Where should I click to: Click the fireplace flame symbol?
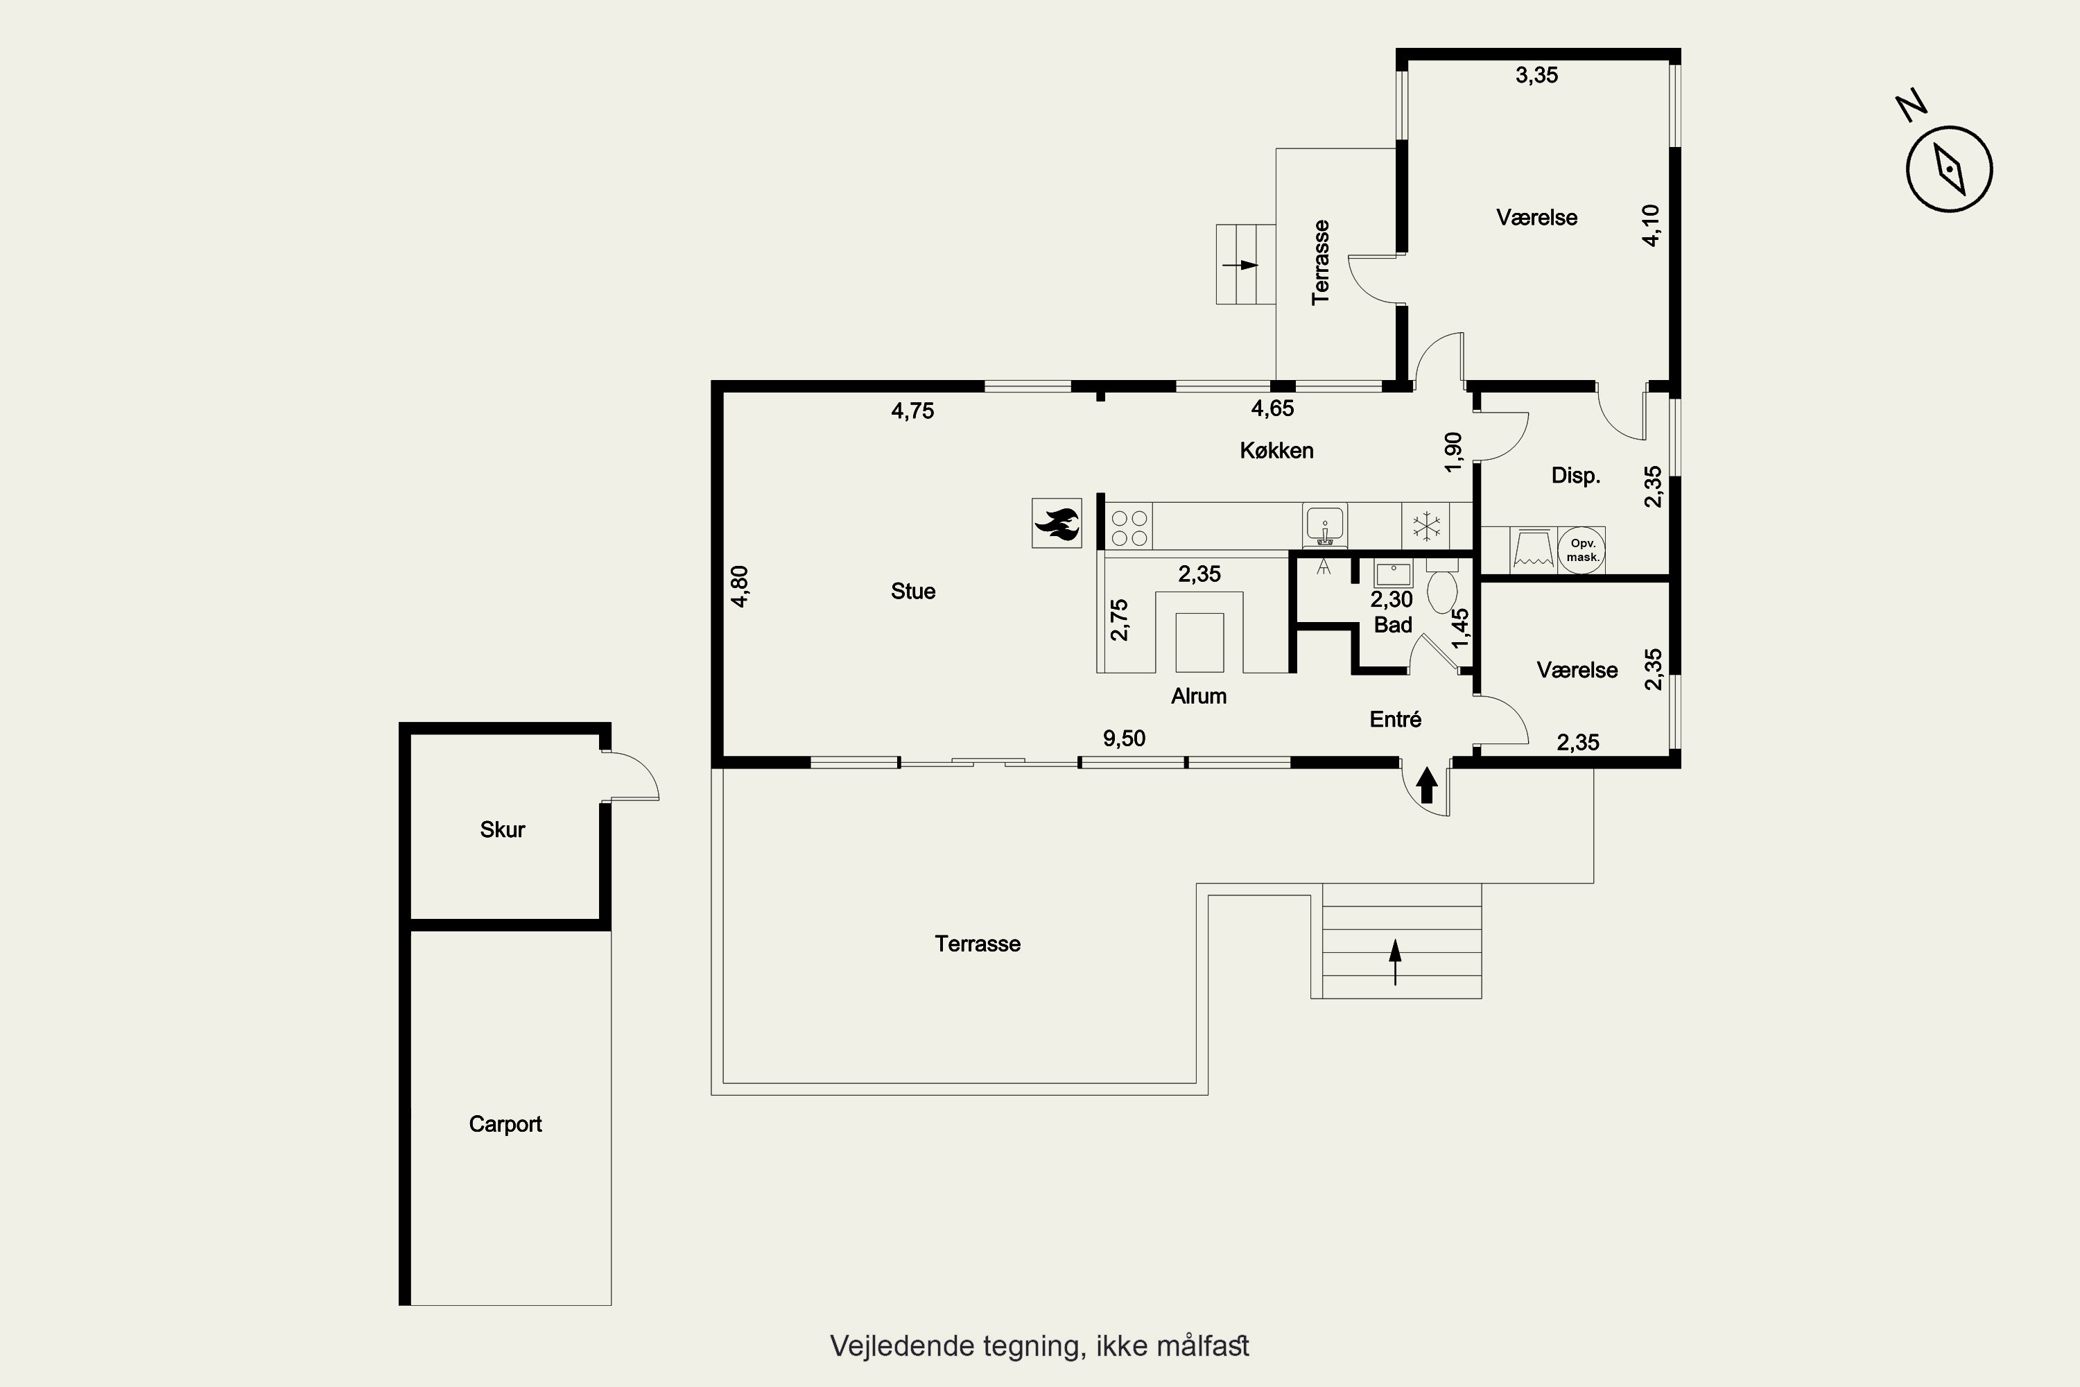[1057, 523]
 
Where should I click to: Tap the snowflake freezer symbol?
[1425, 526]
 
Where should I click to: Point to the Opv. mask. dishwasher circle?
[1582, 550]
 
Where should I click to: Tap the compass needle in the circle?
[1949, 169]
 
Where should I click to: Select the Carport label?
[505, 1124]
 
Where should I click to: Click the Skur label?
[502, 829]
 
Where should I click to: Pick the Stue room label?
[912, 591]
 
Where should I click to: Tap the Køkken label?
[1276, 450]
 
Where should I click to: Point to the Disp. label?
[1576, 476]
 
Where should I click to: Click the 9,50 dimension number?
[1124, 739]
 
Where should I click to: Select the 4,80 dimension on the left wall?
[740, 587]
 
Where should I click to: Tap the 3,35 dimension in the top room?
[1537, 75]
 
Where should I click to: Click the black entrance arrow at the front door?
[1426, 786]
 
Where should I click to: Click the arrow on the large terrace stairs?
[1396, 963]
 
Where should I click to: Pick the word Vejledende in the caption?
[901, 1346]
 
